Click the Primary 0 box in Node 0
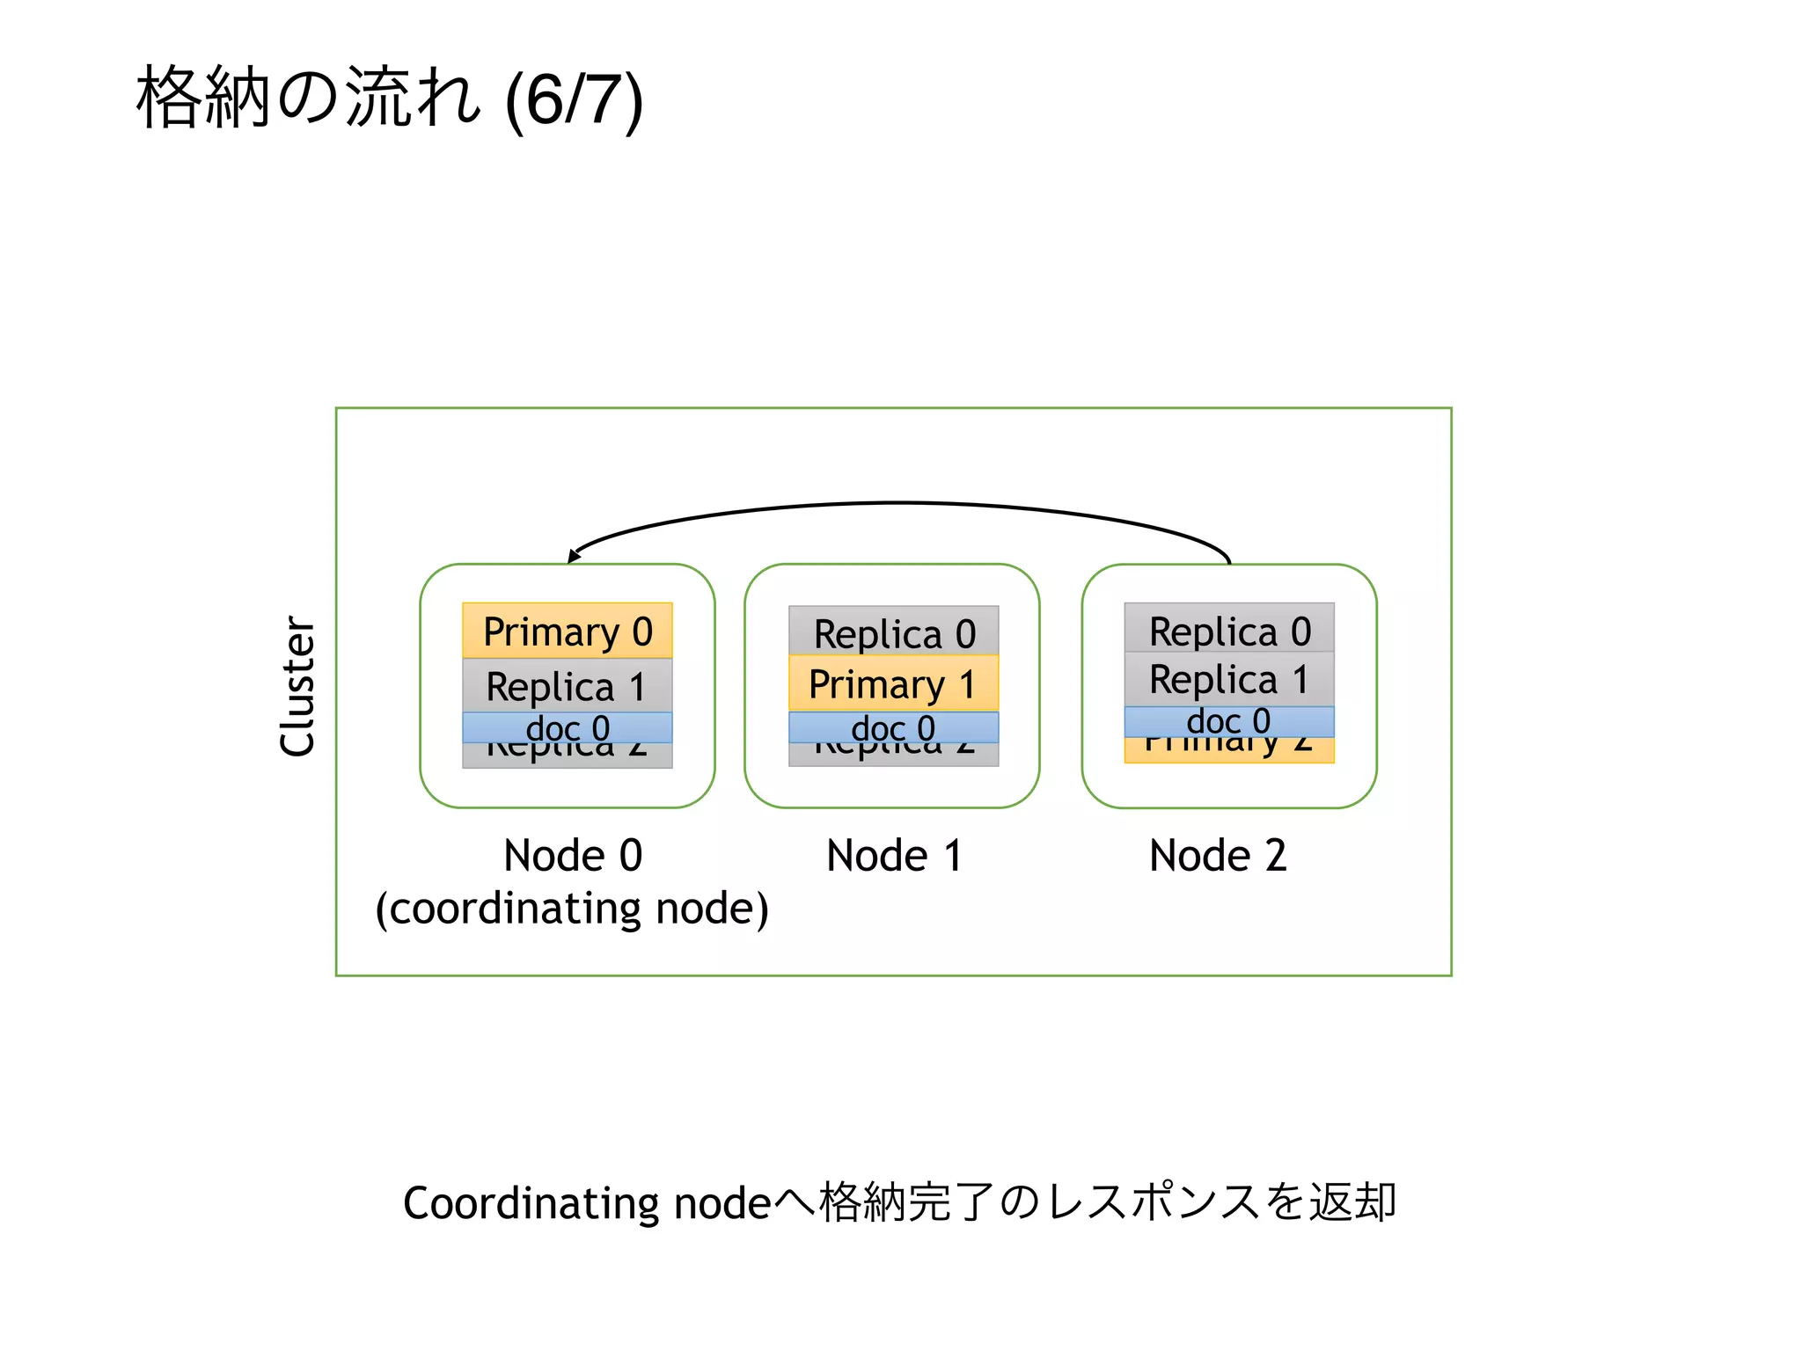pyautogui.click(x=567, y=631)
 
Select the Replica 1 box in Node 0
pyautogui.click(x=567, y=686)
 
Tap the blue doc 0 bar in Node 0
pyautogui.click(x=567, y=727)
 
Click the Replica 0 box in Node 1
pyautogui.click(x=893, y=632)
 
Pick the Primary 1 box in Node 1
pyautogui.click(x=893, y=683)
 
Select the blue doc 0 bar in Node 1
pyautogui.click(x=893, y=727)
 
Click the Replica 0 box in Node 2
pyautogui.click(x=1228, y=629)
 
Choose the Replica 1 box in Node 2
pyautogui.click(x=1228, y=679)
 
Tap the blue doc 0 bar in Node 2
pyautogui.click(x=1228, y=721)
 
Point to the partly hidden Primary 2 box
pyautogui.click(x=1228, y=750)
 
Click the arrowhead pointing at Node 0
pyautogui.click(x=574, y=556)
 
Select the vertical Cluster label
pyautogui.click(x=297, y=686)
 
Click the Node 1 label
pyautogui.click(x=893, y=855)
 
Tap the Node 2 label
pyautogui.click(x=1218, y=855)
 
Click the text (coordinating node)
pyautogui.click(x=572, y=909)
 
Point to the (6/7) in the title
pyautogui.click(x=574, y=101)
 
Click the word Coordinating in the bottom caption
pyautogui.click(x=531, y=1202)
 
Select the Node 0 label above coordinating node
pyautogui.click(x=573, y=855)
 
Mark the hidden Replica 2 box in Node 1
pyautogui.click(x=893, y=755)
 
